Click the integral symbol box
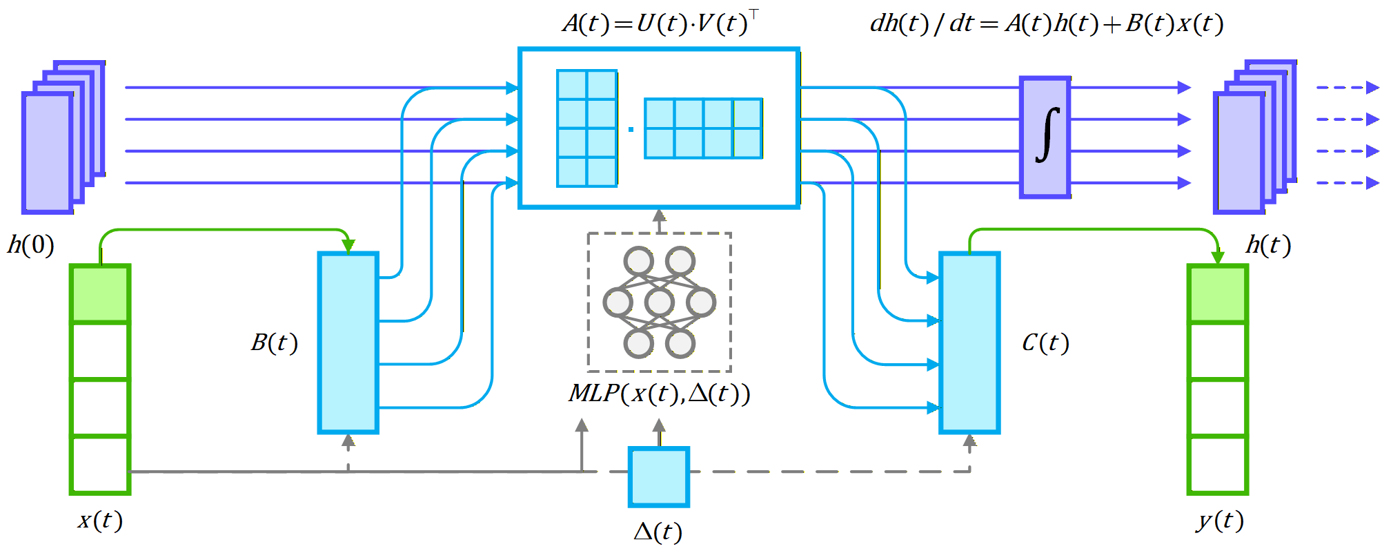click(x=1045, y=137)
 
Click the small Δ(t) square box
click(x=659, y=477)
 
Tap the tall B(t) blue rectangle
click(x=348, y=343)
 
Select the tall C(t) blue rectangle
click(x=969, y=343)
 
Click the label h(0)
click(x=31, y=245)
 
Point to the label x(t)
click(x=100, y=520)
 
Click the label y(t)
click(x=1220, y=520)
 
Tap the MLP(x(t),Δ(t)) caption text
click(x=659, y=394)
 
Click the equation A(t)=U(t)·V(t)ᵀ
click(x=660, y=23)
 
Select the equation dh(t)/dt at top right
click(x=1046, y=23)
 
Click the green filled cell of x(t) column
click(x=100, y=293)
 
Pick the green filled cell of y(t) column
click(x=1218, y=293)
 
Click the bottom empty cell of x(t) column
click(x=100, y=465)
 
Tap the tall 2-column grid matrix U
click(x=587, y=128)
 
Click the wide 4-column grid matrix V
click(x=703, y=128)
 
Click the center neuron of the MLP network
click(x=660, y=302)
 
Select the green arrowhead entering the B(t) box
click(x=348, y=246)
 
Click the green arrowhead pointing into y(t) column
click(x=1218, y=257)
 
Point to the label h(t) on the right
click(x=1268, y=245)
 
